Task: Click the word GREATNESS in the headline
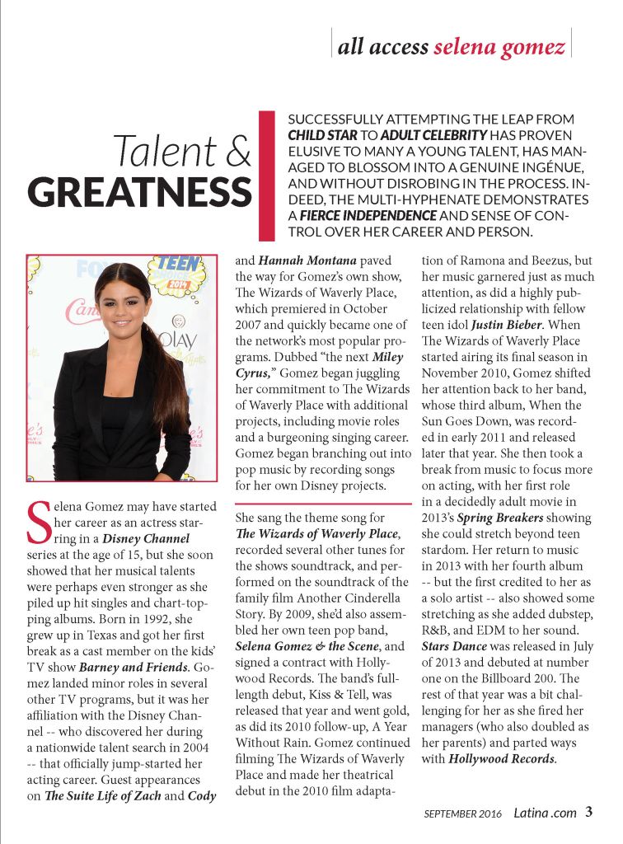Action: pyautogui.click(x=138, y=192)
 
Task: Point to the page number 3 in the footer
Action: pyautogui.click(x=588, y=812)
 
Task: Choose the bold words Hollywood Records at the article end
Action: pyautogui.click(x=502, y=758)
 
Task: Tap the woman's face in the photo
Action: pyautogui.click(x=123, y=300)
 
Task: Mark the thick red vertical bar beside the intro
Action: pyautogui.click(x=266, y=174)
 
